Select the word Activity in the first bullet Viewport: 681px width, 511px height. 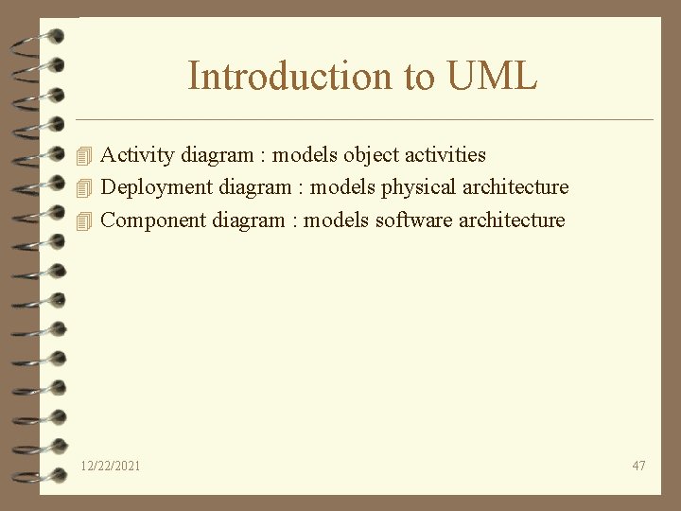coord(132,154)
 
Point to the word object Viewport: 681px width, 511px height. coord(375,154)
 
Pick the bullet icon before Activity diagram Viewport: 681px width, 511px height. coord(87,154)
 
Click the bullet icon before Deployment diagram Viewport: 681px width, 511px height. coord(87,187)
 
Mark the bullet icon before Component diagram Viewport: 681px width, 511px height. coord(87,220)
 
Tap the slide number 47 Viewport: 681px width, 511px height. coord(638,466)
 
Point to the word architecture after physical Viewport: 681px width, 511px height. coord(515,187)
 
